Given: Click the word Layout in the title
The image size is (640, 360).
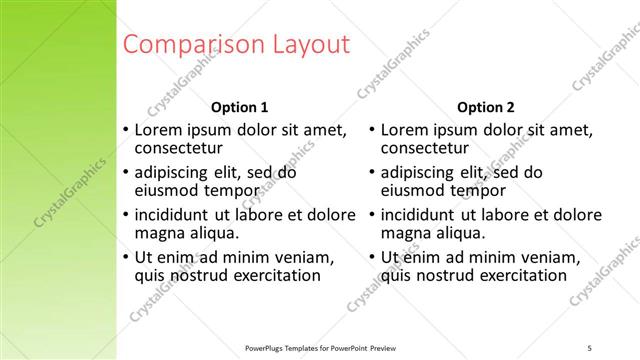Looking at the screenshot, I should coord(311,44).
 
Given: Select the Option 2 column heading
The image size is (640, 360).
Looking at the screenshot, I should coord(486,107).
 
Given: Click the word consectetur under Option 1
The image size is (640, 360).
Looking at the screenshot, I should coord(178,149).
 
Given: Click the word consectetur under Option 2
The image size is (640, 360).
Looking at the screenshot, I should coord(425,149).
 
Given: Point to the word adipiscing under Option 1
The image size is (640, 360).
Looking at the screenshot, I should coord(175,172).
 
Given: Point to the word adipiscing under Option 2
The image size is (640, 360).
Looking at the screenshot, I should coord(421,172).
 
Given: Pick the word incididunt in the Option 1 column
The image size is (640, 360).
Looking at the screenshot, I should coord(171,214).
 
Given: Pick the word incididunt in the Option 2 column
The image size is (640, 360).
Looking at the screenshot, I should coord(418,214).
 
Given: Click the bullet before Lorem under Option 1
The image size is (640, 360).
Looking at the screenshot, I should coord(125,130).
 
